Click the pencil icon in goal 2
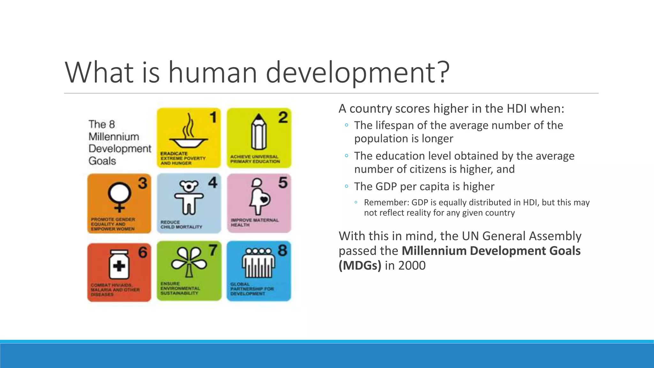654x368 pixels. click(259, 132)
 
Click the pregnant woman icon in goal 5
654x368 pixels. click(260, 196)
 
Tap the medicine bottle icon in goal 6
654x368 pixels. click(119, 264)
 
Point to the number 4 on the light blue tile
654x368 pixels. click(213, 183)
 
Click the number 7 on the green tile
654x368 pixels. click(213, 250)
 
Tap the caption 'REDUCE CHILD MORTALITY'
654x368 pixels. click(181, 225)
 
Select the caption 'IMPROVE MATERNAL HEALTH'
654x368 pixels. click(255, 222)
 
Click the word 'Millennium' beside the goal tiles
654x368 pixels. click(114, 137)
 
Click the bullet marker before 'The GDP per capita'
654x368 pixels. click(346, 186)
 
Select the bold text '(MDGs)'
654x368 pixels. click(360, 265)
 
